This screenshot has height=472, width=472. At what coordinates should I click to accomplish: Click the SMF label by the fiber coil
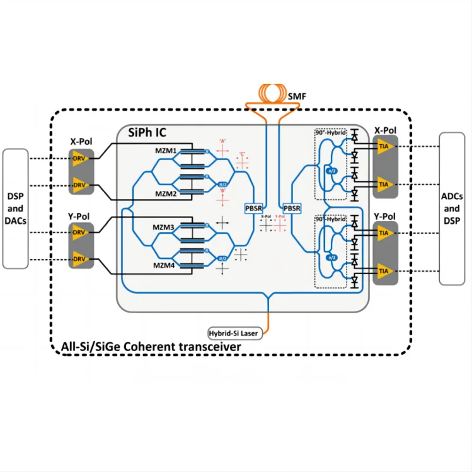[x=296, y=96]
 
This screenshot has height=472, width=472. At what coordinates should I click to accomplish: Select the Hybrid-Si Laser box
[x=233, y=332]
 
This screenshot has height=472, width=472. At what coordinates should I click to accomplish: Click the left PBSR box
[x=253, y=207]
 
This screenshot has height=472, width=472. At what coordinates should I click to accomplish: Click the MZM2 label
[x=166, y=193]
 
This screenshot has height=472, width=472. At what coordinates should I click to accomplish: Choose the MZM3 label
[x=166, y=226]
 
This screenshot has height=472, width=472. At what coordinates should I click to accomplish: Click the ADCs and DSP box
[x=452, y=208]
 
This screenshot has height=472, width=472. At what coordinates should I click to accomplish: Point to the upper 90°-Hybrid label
[x=331, y=134]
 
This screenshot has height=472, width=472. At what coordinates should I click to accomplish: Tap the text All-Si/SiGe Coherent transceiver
[x=151, y=346]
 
